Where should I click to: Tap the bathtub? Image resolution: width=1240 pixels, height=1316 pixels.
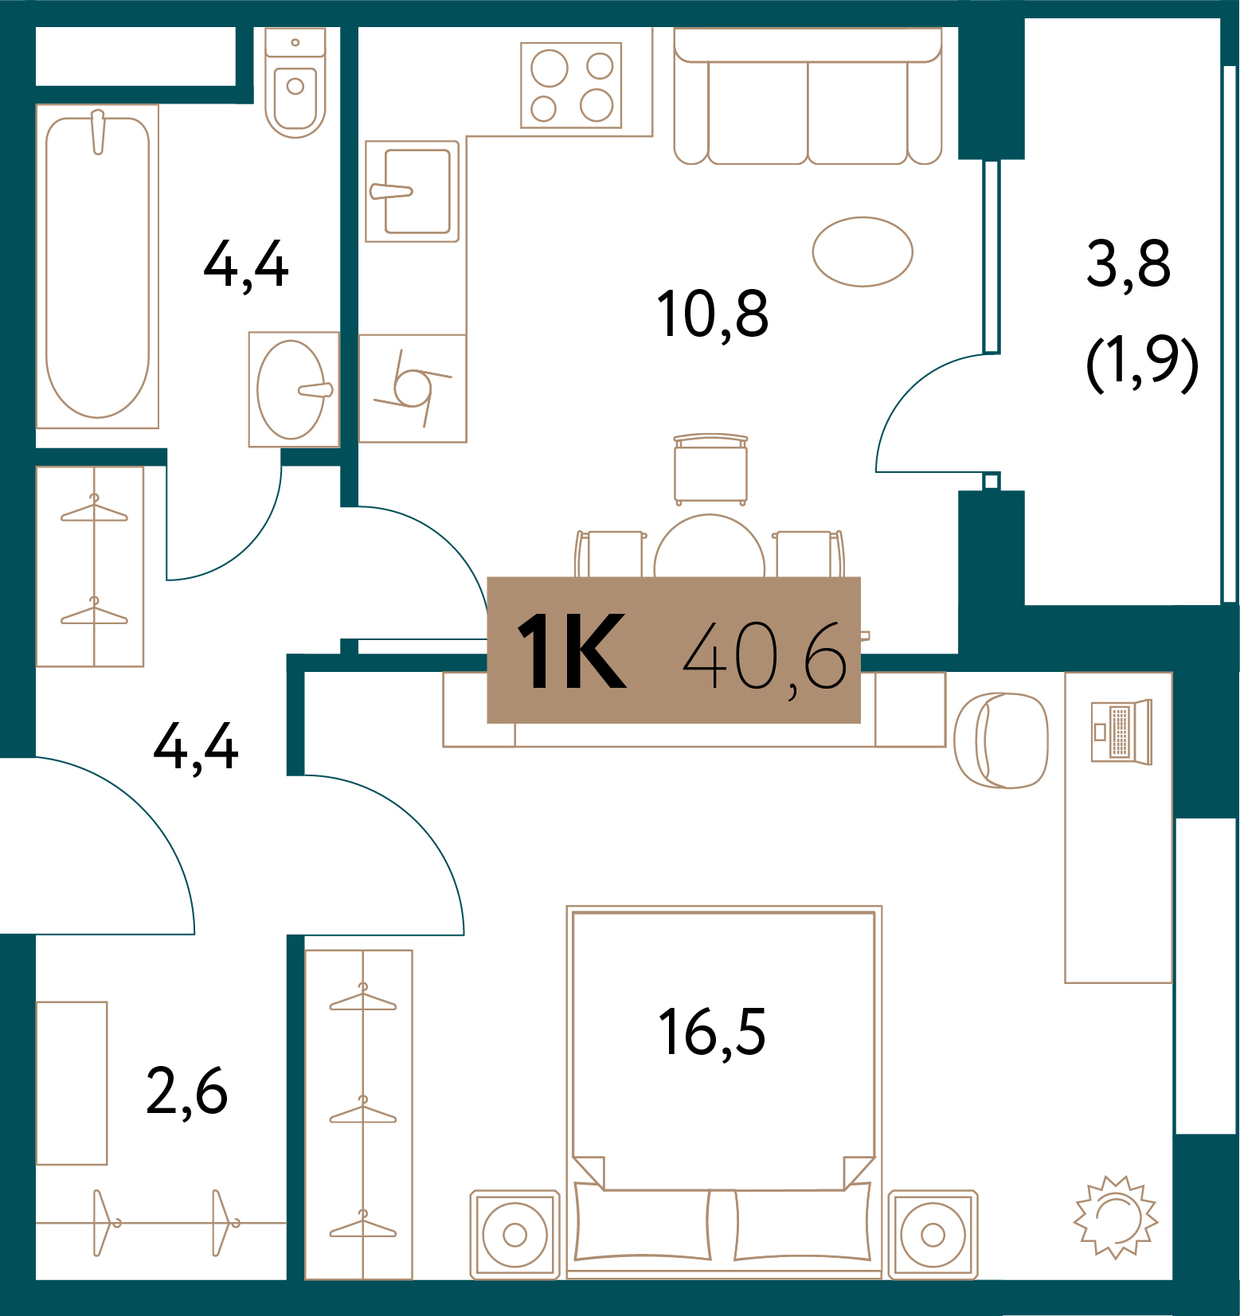(97, 267)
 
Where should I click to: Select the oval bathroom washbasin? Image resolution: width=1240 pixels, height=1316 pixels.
(291, 389)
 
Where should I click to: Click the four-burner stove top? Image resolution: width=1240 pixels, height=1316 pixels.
(571, 85)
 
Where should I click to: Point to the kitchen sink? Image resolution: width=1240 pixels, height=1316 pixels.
(413, 191)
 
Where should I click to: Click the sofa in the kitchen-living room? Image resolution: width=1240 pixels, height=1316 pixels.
(808, 100)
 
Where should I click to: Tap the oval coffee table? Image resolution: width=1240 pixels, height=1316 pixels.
(863, 252)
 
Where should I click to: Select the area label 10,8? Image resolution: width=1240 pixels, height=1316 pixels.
(712, 314)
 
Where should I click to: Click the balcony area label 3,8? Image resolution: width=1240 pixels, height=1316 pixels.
(1128, 264)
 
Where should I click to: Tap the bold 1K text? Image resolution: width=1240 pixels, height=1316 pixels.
(572, 652)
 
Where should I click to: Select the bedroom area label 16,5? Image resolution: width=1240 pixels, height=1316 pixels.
(712, 1033)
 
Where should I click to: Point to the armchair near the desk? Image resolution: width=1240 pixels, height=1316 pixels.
(1001, 740)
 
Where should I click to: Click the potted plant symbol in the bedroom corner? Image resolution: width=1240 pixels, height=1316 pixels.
(1116, 1217)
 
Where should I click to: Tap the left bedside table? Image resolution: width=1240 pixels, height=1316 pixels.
(515, 1235)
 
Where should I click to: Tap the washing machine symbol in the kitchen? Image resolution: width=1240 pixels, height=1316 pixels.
(413, 389)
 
